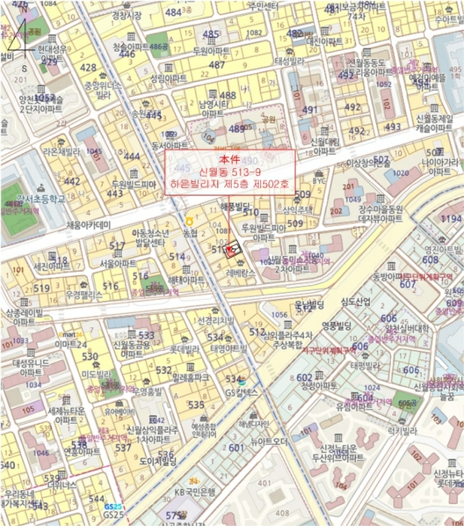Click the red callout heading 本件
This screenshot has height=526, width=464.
coord(229,160)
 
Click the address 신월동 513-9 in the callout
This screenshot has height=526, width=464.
coord(229,172)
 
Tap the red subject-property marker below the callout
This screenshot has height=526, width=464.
coord(232,249)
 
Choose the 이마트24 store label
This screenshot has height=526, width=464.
coord(71,343)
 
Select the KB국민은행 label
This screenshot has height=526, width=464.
coord(195,492)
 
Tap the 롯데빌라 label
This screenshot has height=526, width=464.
coord(183,349)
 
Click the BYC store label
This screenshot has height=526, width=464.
coord(320,181)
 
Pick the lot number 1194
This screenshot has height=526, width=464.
coord(450,219)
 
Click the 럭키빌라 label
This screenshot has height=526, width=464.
coord(402,431)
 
